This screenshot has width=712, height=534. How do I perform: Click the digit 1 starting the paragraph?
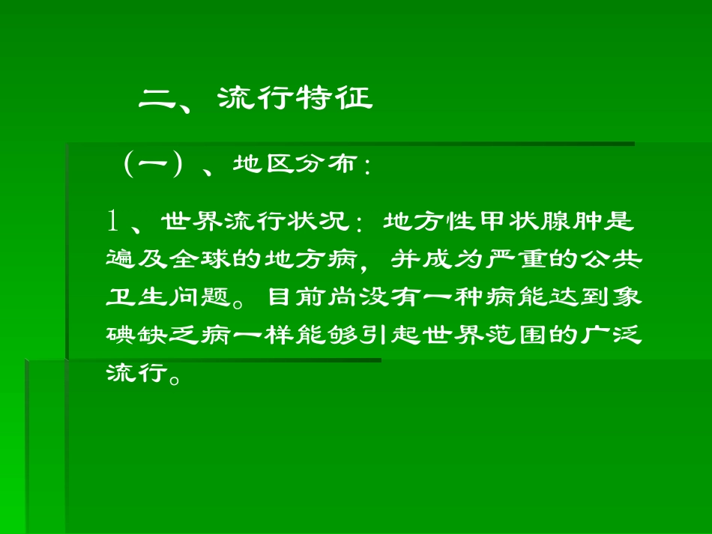click(114, 221)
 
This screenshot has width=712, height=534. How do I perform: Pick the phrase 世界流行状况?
click(254, 222)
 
